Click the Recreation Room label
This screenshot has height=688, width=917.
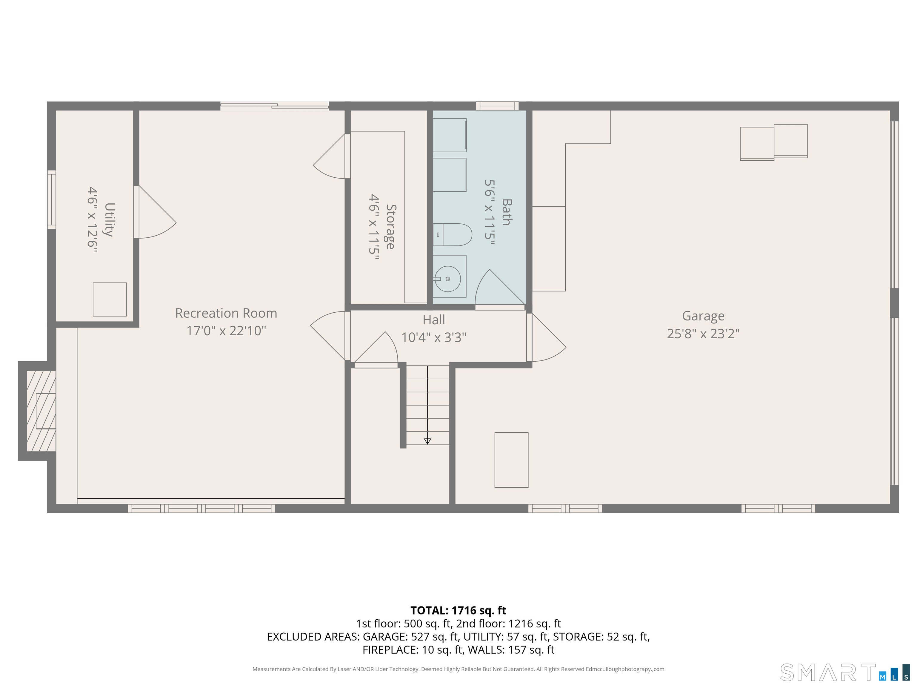[x=226, y=313]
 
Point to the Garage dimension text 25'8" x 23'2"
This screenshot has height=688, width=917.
[x=703, y=334]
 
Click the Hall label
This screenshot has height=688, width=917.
[x=434, y=320]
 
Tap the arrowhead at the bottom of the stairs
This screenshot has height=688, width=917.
[x=427, y=441]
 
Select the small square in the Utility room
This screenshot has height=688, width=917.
[x=110, y=300]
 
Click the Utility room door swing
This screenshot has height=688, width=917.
[x=156, y=212]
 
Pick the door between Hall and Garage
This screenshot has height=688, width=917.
[x=546, y=337]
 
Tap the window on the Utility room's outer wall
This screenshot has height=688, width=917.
[x=51, y=199]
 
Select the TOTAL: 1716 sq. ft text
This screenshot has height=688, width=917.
[x=458, y=610]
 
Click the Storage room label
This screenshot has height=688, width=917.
[x=390, y=227]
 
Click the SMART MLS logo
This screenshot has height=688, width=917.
[x=845, y=673]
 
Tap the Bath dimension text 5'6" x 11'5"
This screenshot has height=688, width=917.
[x=490, y=212]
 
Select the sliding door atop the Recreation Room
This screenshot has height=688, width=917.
[x=274, y=106]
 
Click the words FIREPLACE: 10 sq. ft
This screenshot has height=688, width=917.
[x=412, y=650]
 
